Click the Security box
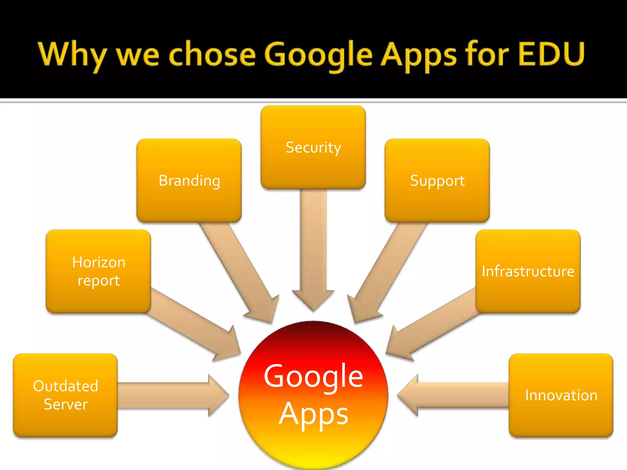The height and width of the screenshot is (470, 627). (x=313, y=147)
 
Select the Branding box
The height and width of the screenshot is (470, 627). (x=189, y=181)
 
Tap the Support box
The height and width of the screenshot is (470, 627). (x=437, y=181)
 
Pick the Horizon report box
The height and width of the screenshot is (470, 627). (x=98, y=271)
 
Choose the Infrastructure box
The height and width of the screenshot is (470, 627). (x=528, y=271)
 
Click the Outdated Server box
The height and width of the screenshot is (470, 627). (x=65, y=395)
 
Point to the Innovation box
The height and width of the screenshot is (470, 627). (x=561, y=395)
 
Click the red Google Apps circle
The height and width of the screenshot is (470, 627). (x=313, y=395)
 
